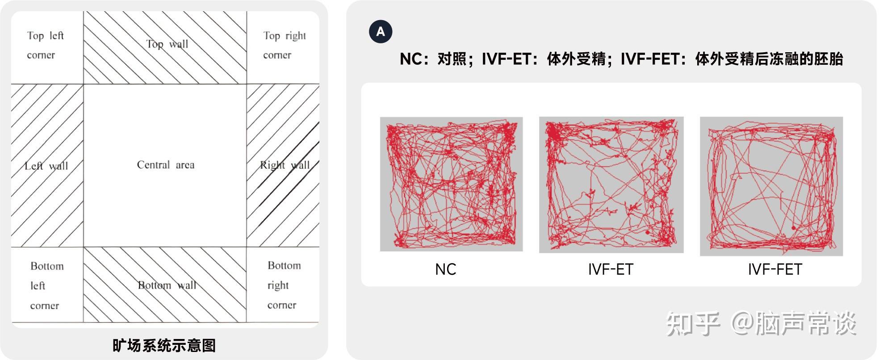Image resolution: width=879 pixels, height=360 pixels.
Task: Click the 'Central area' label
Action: [166, 165]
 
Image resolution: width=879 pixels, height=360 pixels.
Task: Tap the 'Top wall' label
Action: [167, 44]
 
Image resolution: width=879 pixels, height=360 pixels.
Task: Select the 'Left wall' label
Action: [46, 166]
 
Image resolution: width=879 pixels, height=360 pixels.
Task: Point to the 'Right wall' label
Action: [285, 165]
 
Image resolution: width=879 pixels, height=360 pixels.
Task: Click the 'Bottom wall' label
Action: [167, 285]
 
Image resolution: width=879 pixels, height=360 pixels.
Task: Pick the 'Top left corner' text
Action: [45, 45]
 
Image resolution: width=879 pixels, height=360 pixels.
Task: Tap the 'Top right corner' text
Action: [285, 45]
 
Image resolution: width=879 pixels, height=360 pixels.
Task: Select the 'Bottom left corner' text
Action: [47, 286]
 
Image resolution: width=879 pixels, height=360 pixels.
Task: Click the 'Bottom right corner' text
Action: [284, 285]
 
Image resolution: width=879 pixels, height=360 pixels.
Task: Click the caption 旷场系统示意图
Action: [164, 345]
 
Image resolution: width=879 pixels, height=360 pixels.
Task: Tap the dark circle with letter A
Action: [381, 32]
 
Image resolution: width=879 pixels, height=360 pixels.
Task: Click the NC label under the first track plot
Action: [446, 269]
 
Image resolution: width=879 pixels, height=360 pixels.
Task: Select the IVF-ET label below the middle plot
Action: [611, 269]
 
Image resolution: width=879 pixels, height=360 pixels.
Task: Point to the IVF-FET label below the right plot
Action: [775, 269]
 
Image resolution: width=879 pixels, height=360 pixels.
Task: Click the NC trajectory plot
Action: [451, 184]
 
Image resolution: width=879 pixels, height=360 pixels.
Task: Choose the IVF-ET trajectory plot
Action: [611, 185]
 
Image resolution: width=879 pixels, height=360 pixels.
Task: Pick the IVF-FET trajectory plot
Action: [771, 186]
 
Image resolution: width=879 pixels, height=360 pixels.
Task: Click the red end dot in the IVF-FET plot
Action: [794, 228]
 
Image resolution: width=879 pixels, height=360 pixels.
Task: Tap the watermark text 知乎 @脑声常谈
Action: [761, 324]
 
